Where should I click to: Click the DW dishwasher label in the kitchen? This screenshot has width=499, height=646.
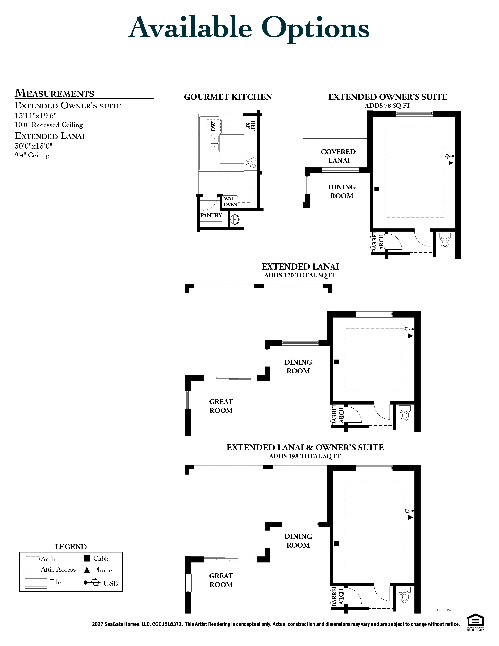point(213,127)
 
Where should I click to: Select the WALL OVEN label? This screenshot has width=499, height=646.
point(230,201)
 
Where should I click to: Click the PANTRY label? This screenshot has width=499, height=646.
point(211,215)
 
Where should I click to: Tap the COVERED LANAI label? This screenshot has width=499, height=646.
point(339,156)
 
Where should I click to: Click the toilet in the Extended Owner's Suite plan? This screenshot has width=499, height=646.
point(445,240)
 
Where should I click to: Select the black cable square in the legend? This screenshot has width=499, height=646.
point(87,558)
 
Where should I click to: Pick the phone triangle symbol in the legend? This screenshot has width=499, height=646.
point(87,570)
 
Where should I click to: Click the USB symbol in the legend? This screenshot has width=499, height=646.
point(92,582)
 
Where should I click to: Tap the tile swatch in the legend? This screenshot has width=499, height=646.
point(36,582)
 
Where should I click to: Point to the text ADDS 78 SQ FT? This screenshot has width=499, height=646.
point(387,106)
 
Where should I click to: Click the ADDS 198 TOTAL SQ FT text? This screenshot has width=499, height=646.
point(305,456)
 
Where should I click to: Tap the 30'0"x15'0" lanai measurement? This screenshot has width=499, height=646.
point(33,146)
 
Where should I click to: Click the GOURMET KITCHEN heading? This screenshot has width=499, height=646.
point(228,97)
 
